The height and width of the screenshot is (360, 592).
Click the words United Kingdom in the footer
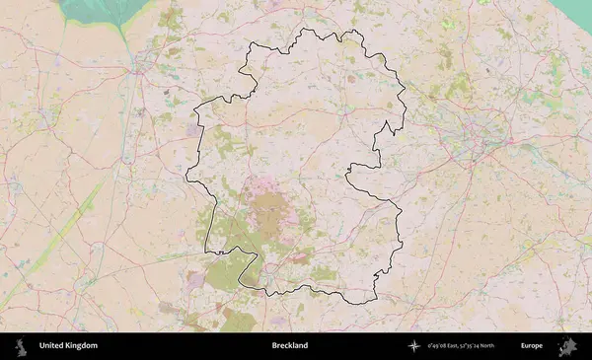point(68,345)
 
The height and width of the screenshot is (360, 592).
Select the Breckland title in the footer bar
point(290,345)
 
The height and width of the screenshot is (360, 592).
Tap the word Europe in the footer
point(532,345)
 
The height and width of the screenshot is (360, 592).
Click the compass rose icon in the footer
point(414,345)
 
